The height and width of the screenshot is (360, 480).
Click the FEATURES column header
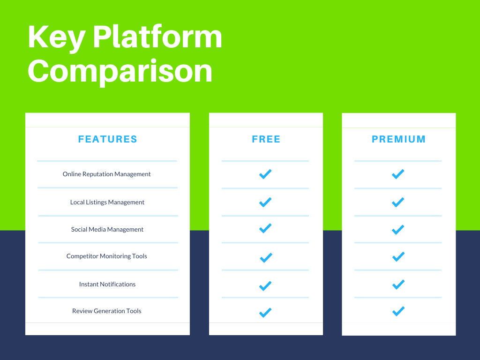107,139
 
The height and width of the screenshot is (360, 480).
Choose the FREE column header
266,139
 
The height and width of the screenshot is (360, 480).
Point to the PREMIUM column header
398,139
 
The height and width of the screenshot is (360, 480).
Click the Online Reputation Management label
106,174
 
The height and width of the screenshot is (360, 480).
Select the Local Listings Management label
107,202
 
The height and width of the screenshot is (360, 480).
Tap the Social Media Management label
107,230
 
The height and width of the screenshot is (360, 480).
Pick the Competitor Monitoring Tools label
106,256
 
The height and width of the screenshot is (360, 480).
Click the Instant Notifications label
107,285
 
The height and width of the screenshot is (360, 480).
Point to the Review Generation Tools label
106,311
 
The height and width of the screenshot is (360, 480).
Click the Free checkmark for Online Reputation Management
265,174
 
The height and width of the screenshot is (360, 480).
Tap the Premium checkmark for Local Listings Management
398,202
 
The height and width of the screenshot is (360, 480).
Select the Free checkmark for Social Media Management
265,228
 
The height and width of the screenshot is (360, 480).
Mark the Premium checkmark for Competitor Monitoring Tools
398,256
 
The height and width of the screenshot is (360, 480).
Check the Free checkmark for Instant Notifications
265,286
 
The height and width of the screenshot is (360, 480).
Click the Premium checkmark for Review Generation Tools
398,311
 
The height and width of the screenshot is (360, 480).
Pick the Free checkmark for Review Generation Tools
265,313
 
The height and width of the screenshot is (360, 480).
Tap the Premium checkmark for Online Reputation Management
398,174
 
